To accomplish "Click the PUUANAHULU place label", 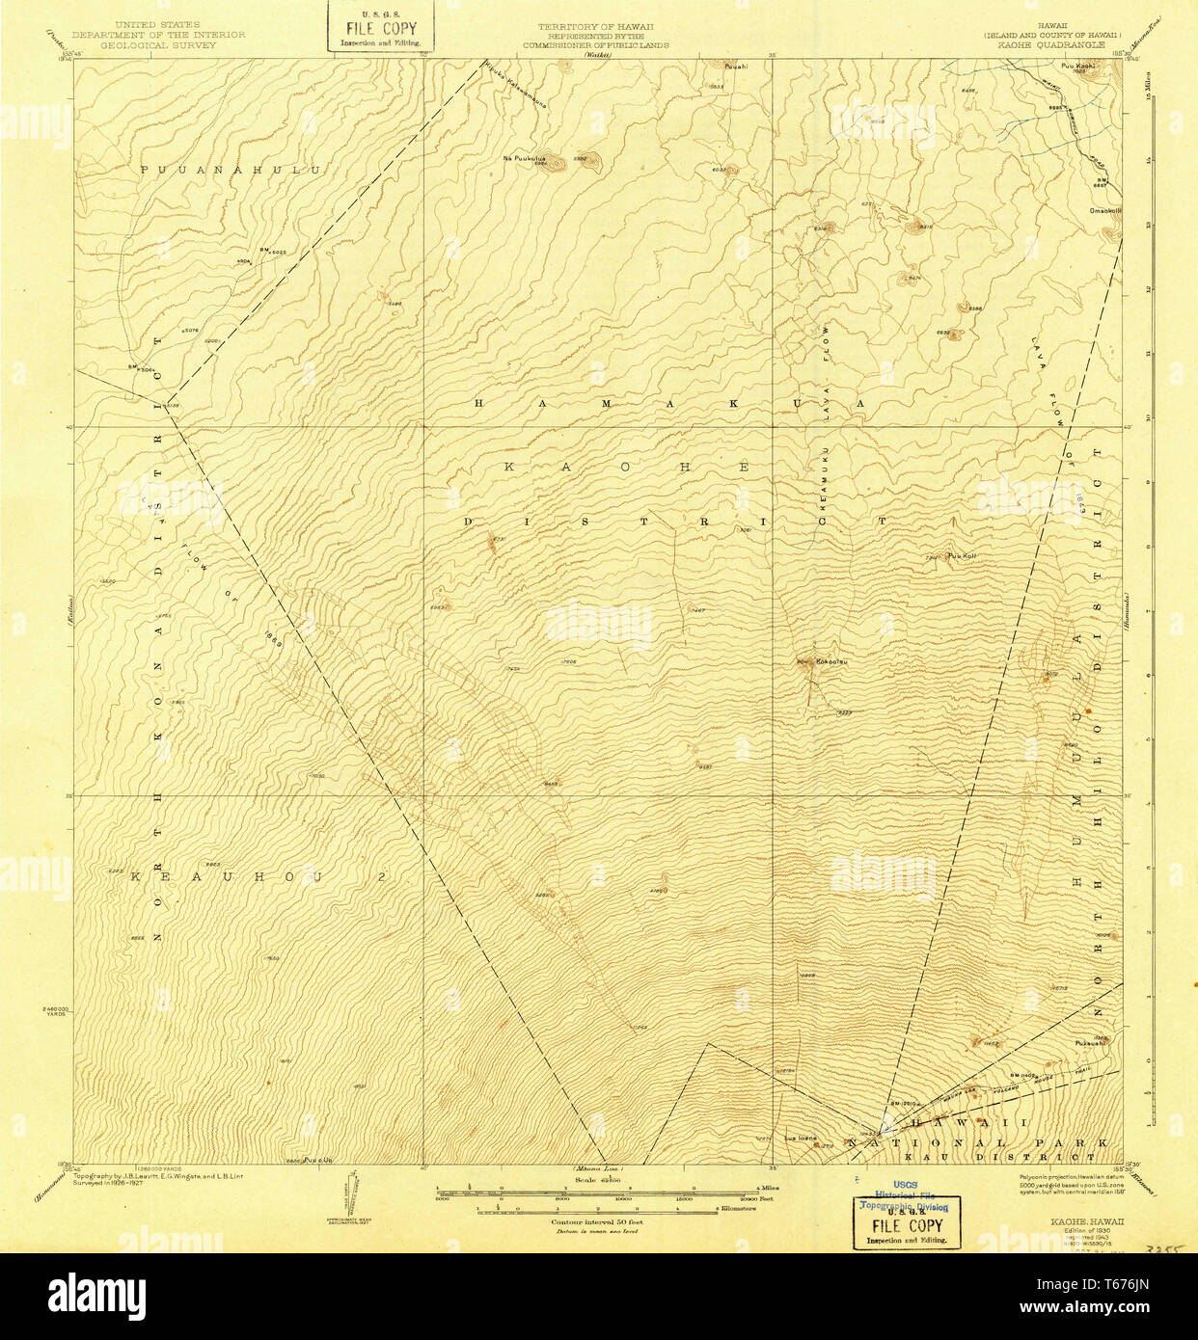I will pyautogui.click(x=230, y=170).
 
